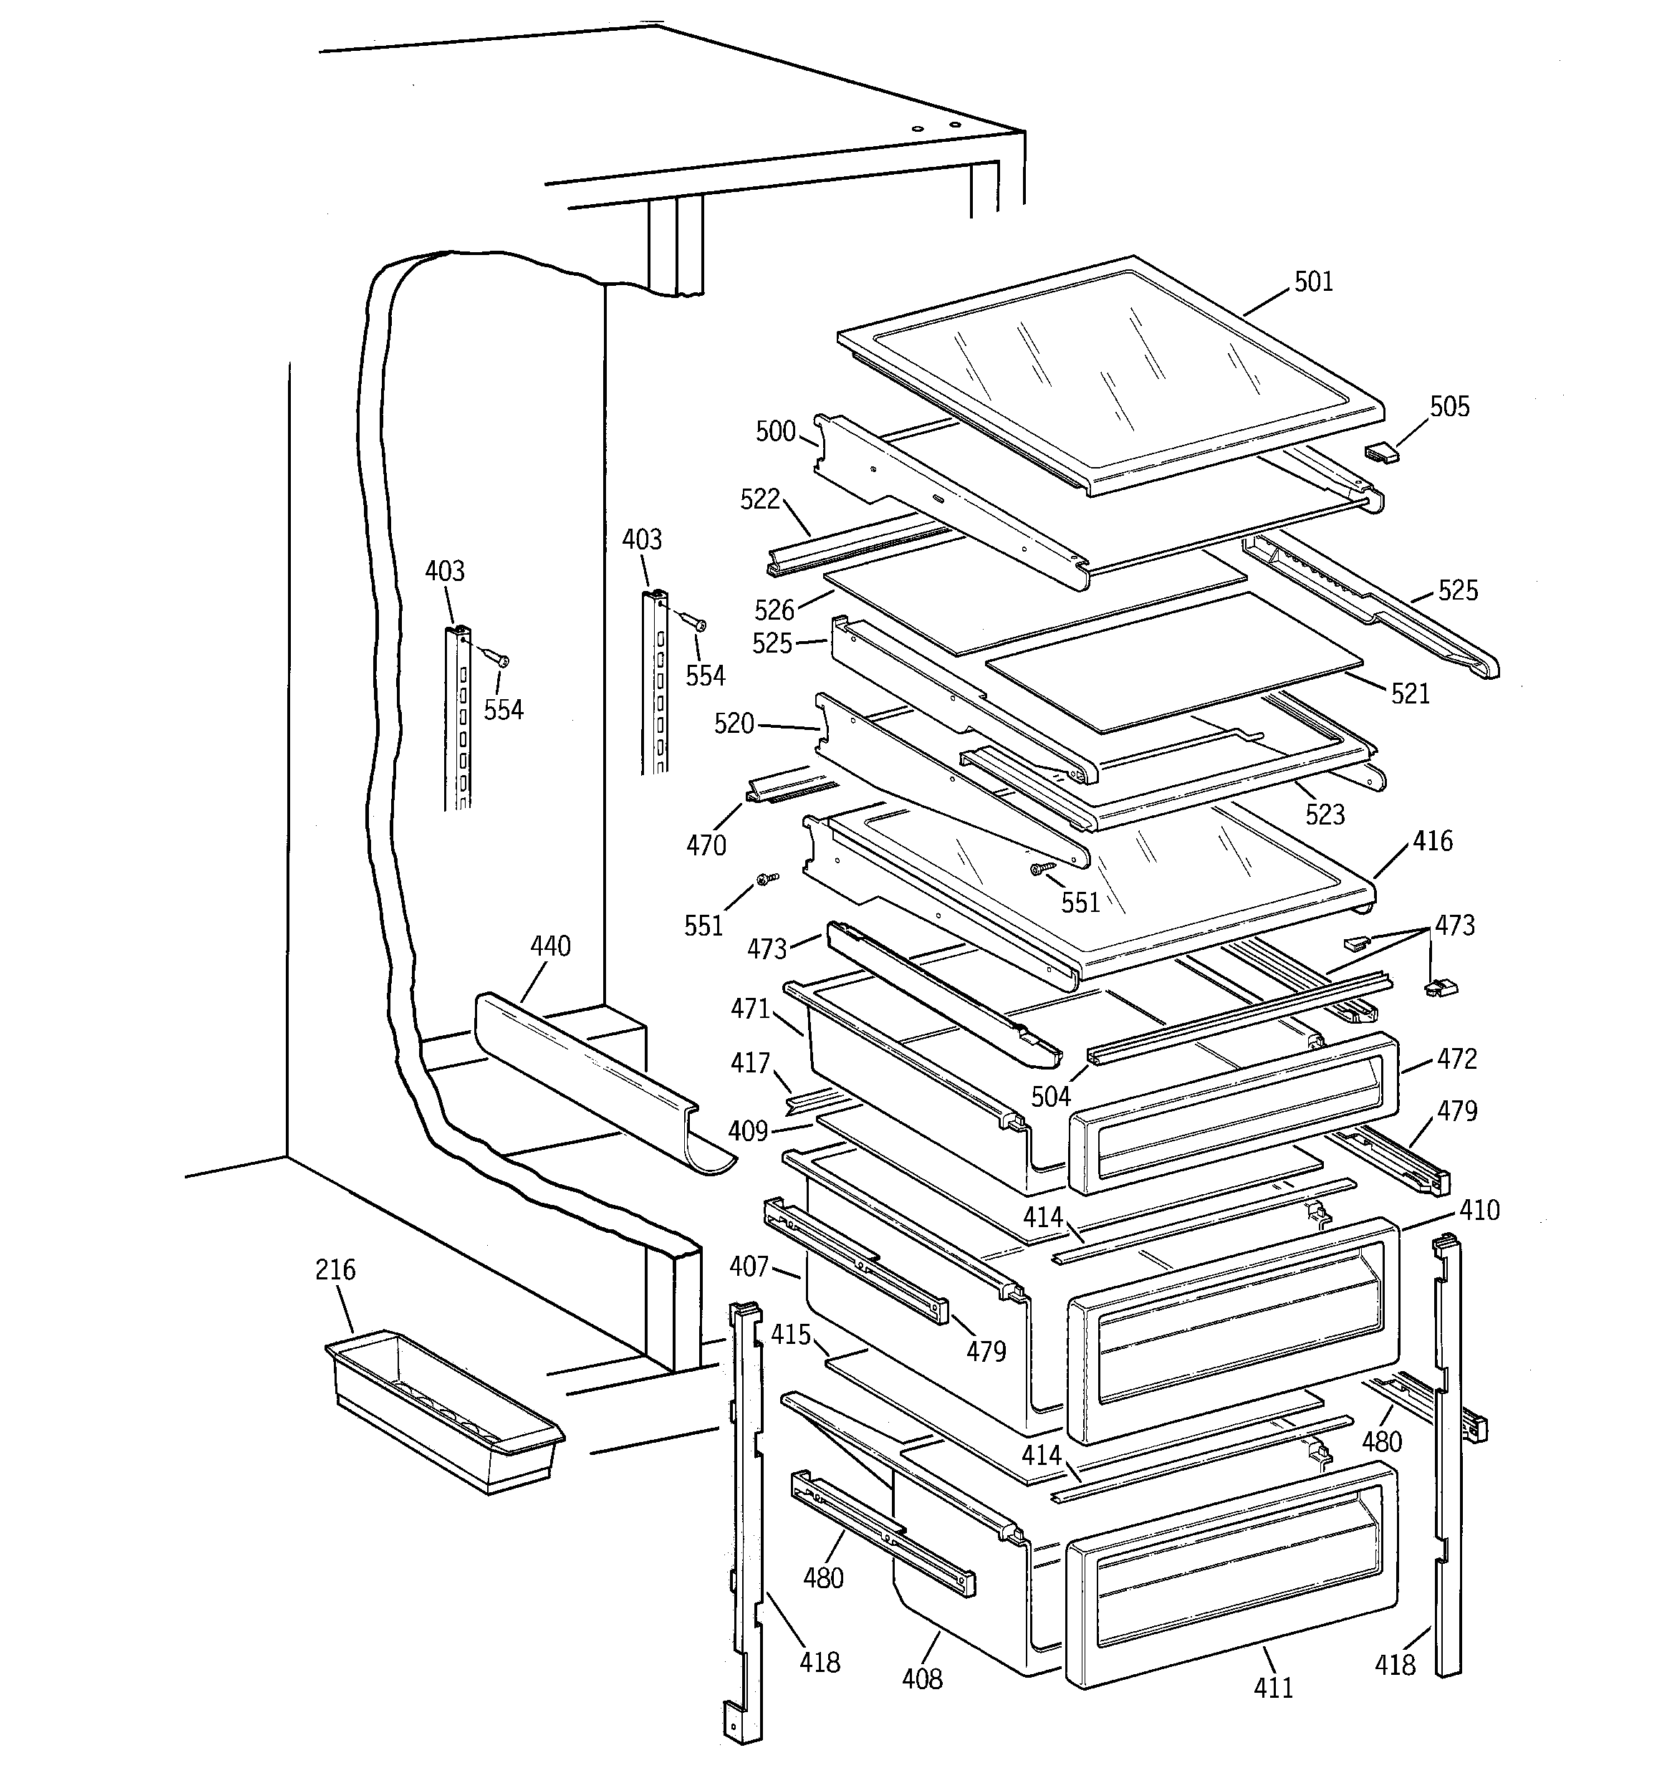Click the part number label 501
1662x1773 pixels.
click(1312, 282)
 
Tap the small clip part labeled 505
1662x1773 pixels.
click(1381, 453)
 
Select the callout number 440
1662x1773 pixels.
click(549, 946)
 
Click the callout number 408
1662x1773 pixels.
click(921, 1679)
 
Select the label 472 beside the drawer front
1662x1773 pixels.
click(1456, 1060)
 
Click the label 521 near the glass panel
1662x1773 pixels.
click(1410, 694)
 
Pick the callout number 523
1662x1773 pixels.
click(1324, 815)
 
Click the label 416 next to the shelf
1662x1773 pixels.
click(1432, 841)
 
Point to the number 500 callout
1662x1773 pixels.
click(774, 432)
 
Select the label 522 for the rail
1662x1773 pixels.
click(759, 499)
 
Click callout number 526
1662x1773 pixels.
click(774, 610)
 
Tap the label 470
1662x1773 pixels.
click(706, 845)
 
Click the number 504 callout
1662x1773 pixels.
click(1050, 1097)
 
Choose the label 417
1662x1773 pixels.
click(749, 1063)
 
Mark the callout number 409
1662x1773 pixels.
click(748, 1132)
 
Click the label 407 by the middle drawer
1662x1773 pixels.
click(748, 1267)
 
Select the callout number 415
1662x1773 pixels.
click(790, 1335)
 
